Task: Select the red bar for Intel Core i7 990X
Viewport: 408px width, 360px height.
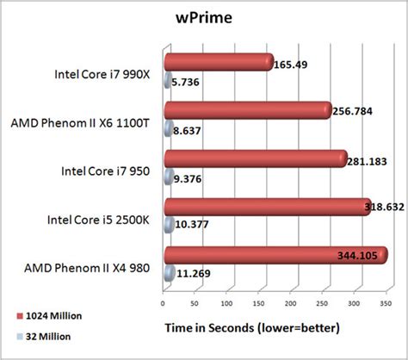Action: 218,62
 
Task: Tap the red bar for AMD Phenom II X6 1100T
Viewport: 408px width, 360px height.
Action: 246,110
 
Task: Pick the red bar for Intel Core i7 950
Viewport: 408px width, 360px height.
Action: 255,159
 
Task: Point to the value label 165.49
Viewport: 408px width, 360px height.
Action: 292,64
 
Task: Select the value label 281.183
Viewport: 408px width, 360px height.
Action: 368,160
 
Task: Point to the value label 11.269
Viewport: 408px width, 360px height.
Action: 193,275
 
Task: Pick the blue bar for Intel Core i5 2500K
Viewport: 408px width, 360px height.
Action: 170,227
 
